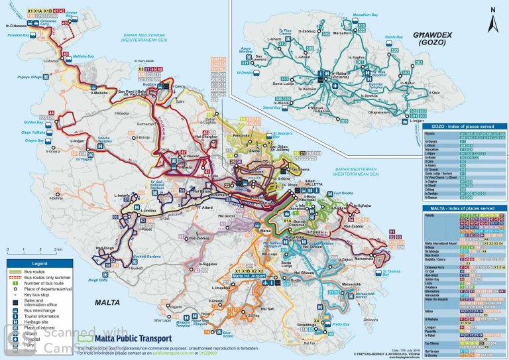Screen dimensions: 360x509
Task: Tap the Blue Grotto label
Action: (x=227, y=334)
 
